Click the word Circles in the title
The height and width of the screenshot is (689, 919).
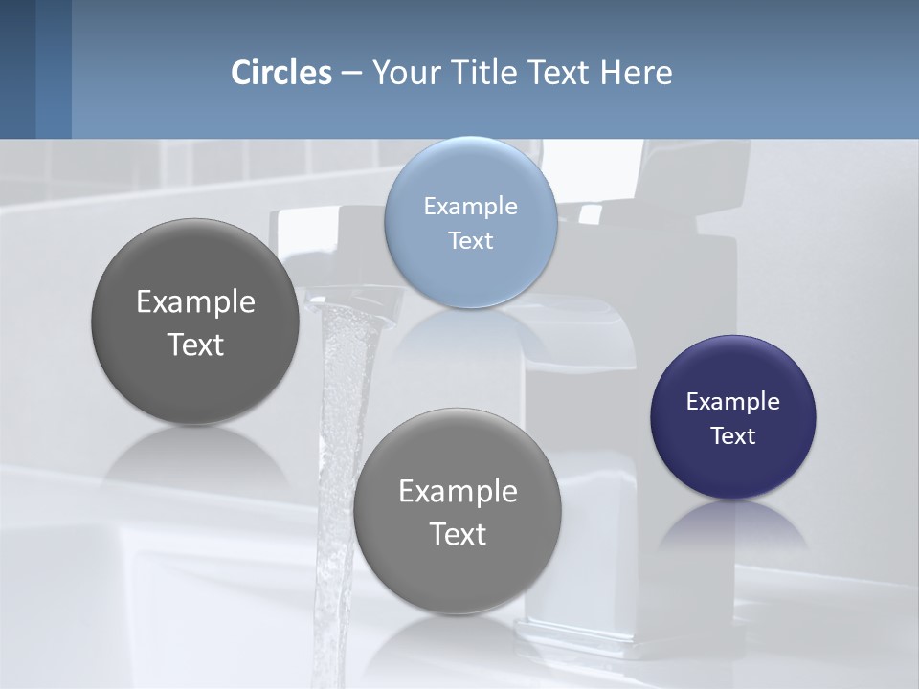(281, 73)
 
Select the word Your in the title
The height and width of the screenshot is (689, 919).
(402, 73)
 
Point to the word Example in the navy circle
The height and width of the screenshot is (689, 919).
(733, 402)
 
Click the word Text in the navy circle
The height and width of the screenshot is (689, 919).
(733, 436)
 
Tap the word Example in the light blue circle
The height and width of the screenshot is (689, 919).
(471, 207)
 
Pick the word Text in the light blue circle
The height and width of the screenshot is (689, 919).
(471, 241)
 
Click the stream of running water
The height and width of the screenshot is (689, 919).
(340, 431)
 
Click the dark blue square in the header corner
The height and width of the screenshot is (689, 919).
(17, 69)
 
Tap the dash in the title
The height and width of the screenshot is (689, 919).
(351, 73)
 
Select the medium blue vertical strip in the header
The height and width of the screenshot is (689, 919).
(54, 69)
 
